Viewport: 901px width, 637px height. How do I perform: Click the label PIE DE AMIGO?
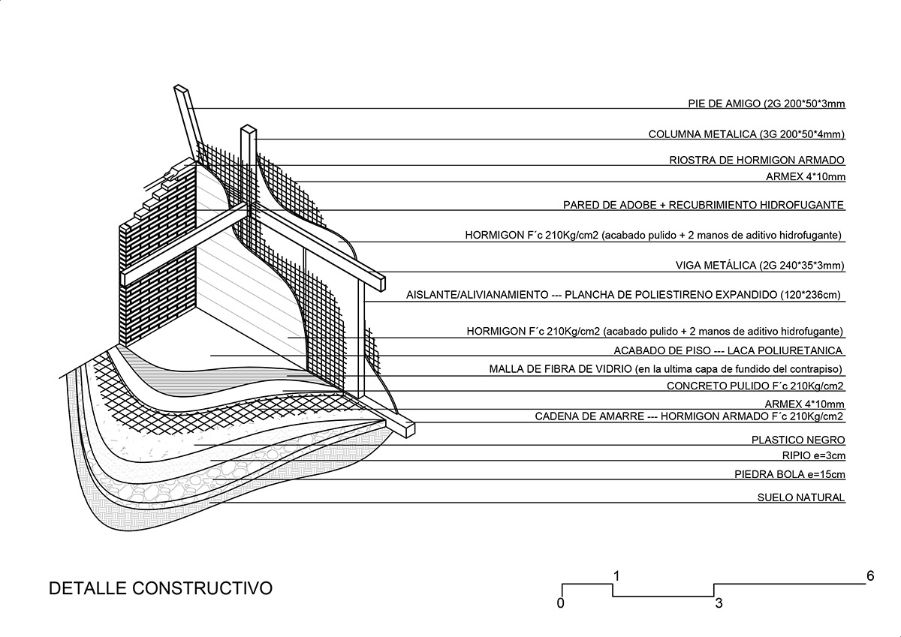(767, 104)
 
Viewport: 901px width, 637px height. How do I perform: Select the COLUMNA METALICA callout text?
(747, 134)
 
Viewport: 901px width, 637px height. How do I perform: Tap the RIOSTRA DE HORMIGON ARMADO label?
(757, 160)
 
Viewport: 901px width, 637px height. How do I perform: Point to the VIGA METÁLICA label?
(761, 265)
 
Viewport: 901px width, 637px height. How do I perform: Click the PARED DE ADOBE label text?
(704, 205)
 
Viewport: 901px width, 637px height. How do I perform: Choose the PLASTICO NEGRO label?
(798, 440)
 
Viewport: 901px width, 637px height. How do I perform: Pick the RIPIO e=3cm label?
(813, 456)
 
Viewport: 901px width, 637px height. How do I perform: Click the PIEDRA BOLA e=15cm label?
(790, 474)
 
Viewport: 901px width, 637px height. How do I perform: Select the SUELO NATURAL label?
(801, 497)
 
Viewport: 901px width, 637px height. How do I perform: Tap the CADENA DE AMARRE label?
(689, 416)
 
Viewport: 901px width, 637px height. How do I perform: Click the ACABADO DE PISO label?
(728, 350)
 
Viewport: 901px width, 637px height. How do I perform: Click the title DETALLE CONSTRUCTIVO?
(160, 587)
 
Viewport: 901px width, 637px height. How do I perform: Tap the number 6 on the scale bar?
(870, 576)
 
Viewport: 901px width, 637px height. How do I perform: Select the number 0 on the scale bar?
(561, 602)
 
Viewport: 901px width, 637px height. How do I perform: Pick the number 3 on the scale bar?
(719, 602)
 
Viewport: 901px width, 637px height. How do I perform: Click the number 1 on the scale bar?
(616, 576)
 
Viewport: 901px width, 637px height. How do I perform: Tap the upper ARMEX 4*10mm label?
(806, 177)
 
